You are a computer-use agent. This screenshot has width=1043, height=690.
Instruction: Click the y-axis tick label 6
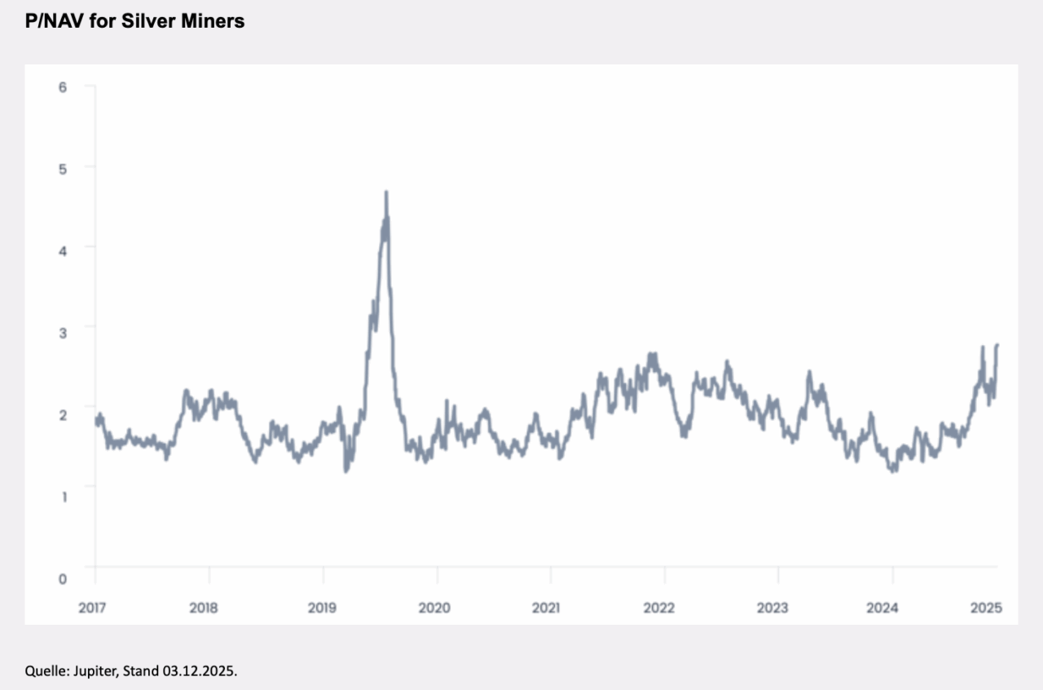click(x=62, y=87)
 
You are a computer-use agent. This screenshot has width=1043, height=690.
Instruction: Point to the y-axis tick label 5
click(x=62, y=167)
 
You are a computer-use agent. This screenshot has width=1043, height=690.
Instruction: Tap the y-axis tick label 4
click(x=62, y=247)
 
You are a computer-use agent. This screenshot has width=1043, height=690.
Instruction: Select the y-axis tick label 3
click(x=62, y=327)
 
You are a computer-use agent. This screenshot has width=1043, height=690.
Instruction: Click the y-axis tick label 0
click(x=62, y=579)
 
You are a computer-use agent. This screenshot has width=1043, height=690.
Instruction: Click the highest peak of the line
click(x=386, y=192)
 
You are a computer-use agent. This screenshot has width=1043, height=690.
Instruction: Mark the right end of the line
click(x=997, y=345)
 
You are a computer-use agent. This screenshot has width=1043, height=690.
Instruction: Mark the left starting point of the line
click(x=95, y=420)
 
